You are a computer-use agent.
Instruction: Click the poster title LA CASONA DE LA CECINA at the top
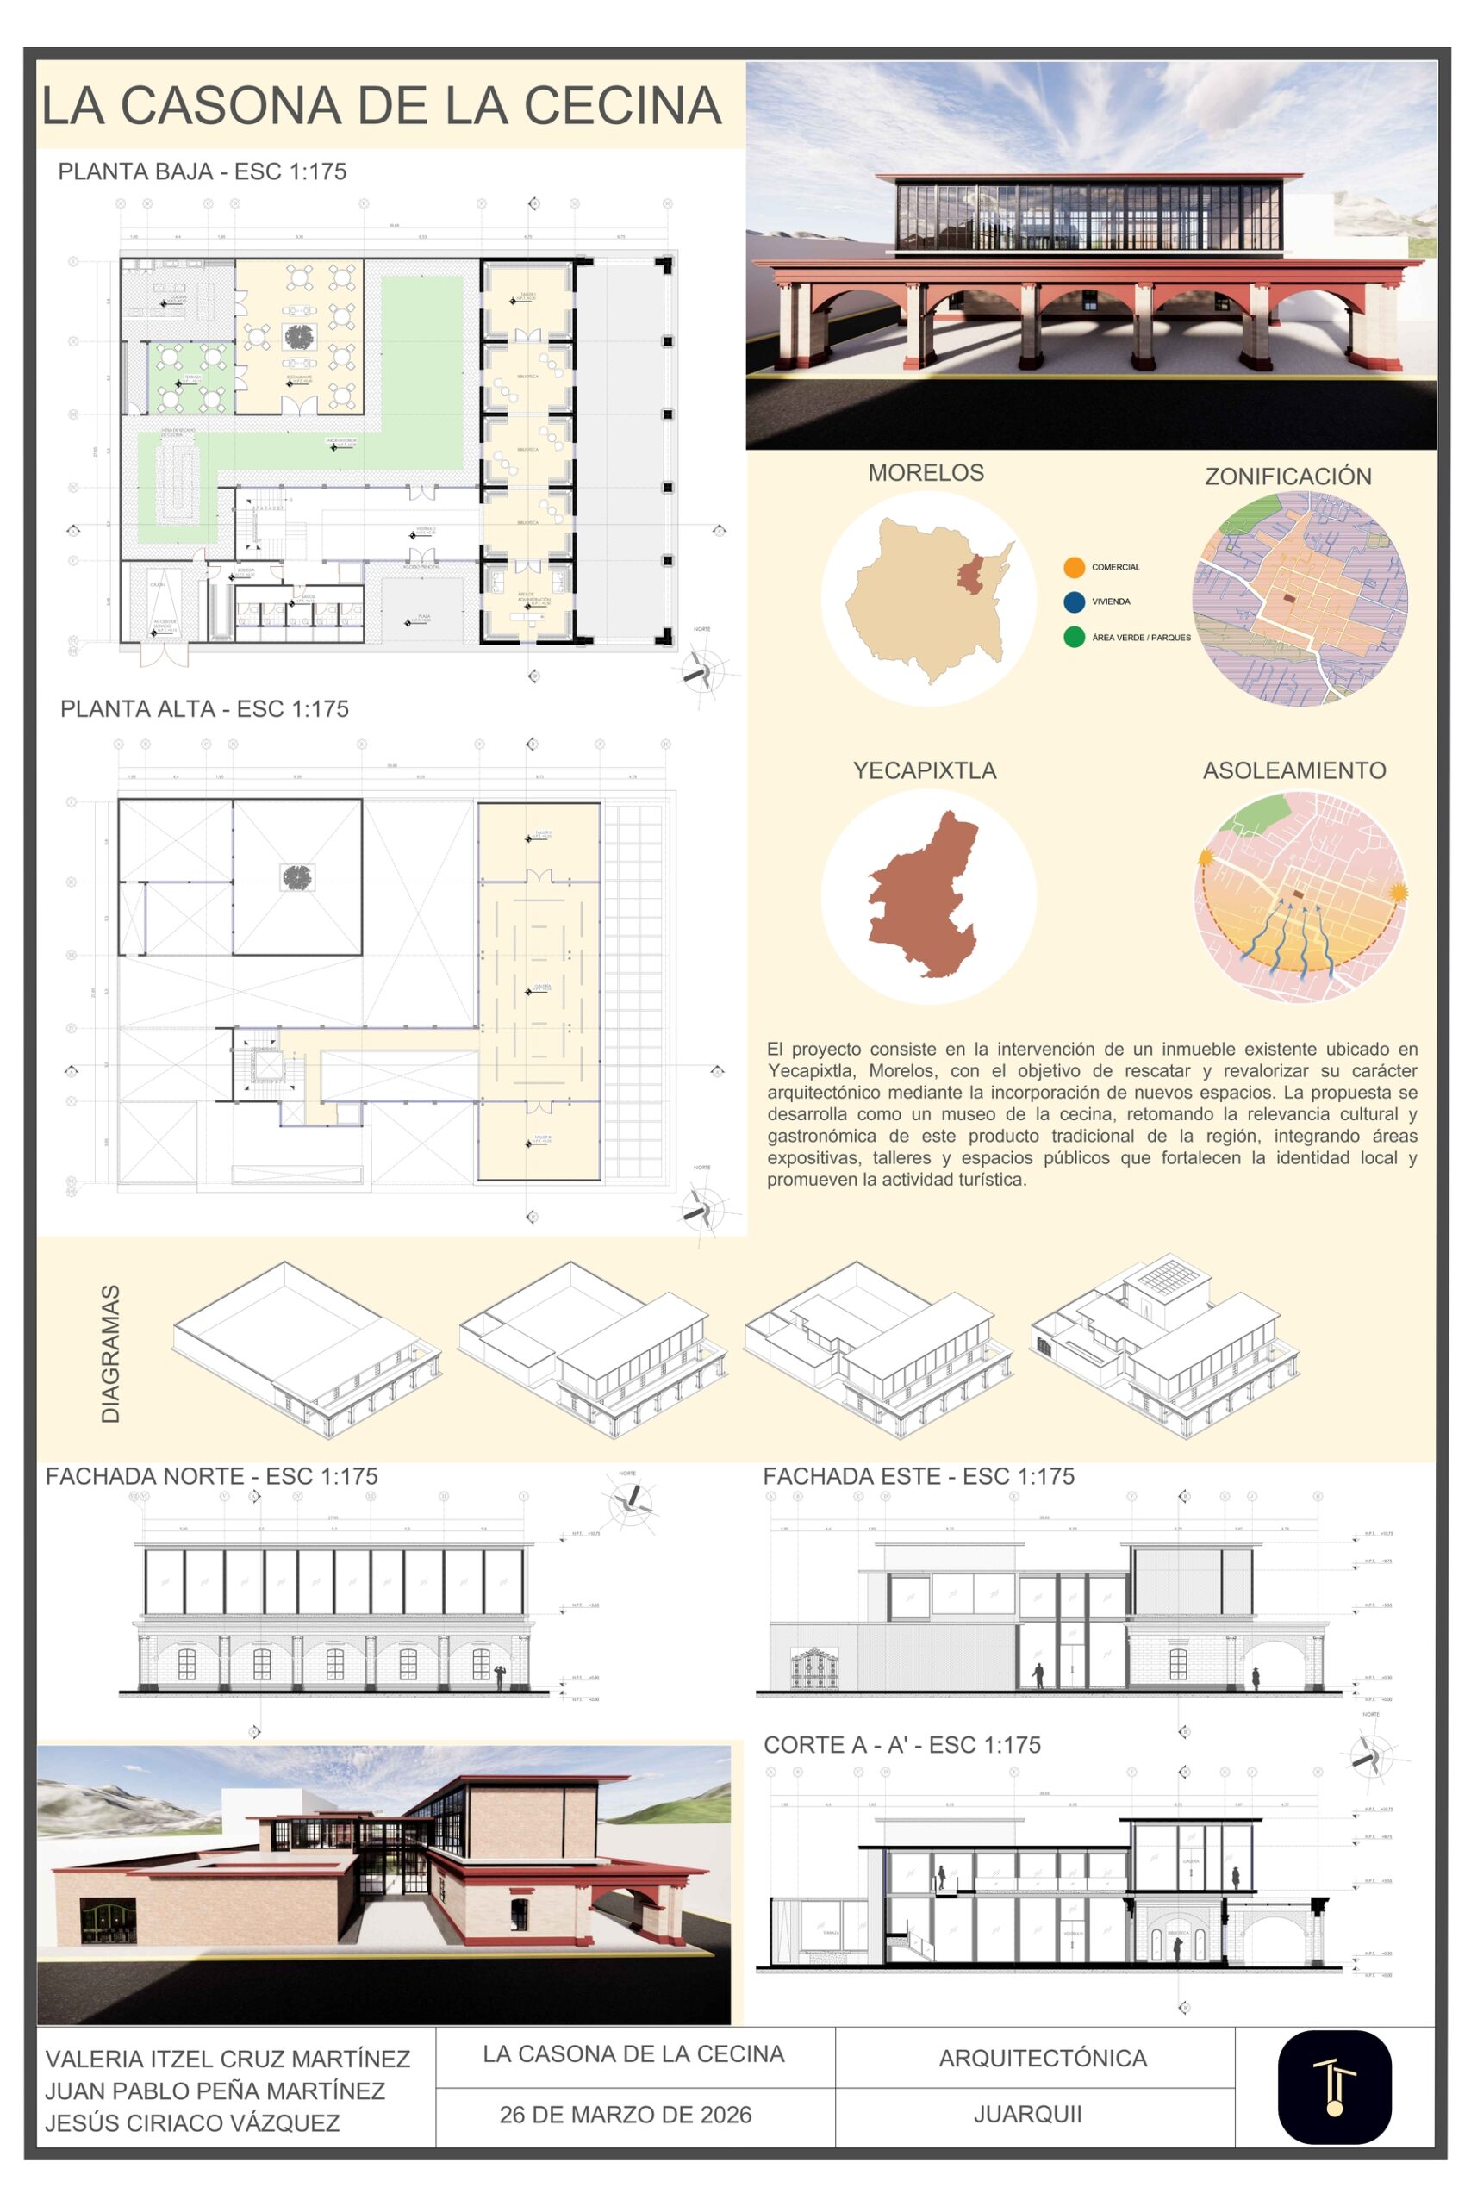pos(381,105)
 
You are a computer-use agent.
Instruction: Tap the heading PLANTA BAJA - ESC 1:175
pos(202,171)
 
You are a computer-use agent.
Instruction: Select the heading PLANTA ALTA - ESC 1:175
pos(204,709)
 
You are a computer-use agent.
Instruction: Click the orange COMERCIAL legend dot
pos(1075,568)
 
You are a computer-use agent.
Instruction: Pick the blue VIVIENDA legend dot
pos(1075,602)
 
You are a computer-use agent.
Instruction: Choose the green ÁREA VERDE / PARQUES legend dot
pos(1075,638)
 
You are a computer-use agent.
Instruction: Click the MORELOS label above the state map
pos(926,473)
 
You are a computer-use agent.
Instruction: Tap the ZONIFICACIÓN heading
pos(1288,477)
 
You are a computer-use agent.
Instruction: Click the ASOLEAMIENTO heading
pos(1294,771)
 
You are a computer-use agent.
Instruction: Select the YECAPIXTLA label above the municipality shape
pos(924,771)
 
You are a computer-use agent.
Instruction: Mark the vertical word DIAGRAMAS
pos(110,1354)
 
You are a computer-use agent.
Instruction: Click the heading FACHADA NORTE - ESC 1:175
pos(211,1476)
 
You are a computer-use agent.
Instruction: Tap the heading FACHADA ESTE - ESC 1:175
pos(919,1476)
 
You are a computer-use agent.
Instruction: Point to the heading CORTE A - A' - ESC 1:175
pos(901,1746)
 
